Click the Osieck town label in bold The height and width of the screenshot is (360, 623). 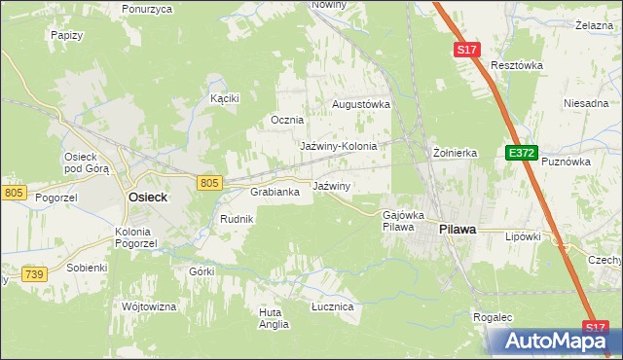click(148, 197)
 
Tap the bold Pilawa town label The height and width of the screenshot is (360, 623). click(458, 229)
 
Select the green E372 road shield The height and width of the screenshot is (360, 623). click(521, 154)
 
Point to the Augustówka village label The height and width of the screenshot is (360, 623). click(361, 103)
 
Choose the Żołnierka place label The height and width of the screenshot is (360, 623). click(455, 153)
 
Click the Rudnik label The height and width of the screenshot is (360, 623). click(237, 219)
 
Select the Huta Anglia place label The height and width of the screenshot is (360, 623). click(274, 318)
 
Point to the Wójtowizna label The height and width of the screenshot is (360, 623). click(148, 306)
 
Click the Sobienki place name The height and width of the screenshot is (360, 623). click(87, 266)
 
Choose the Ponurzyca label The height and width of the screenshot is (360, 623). click(147, 9)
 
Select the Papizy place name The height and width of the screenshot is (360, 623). click(65, 34)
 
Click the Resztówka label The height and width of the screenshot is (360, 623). click(516, 65)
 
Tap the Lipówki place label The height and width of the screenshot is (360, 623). click(522, 235)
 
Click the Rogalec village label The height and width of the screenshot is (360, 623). click(493, 317)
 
